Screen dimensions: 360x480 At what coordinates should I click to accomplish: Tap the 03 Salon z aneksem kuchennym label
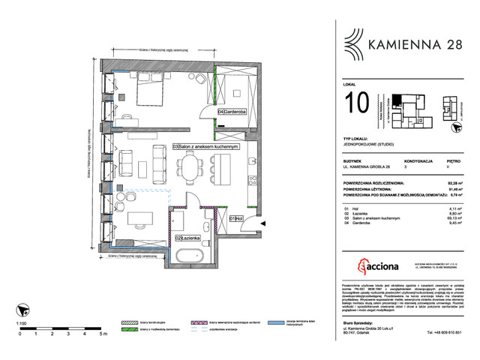tap(205, 146)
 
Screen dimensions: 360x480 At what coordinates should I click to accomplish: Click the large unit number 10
tap(358, 103)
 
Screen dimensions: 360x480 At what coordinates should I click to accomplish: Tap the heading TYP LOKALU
tap(358, 140)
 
